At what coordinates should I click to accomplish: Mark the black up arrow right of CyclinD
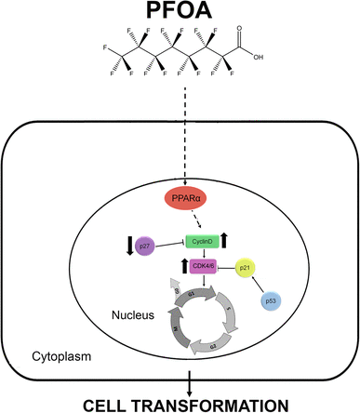(x=228, y=239)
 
